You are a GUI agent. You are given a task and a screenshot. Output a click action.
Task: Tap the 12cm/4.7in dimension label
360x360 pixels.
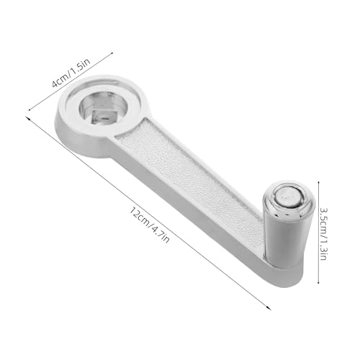coord(150,225)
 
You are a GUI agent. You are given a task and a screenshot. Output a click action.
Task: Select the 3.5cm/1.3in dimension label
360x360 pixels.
coord(323,234)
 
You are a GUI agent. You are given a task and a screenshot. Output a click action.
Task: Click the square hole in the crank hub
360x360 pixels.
coord(103,117)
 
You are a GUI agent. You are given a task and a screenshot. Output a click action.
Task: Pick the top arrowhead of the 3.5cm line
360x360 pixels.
coord(318,183)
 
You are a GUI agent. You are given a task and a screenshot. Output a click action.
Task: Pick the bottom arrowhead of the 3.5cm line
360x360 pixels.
coord(318,282)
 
